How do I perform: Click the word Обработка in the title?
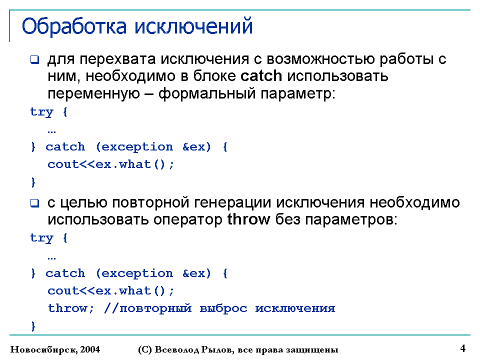point(74,26)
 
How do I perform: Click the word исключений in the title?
point(194,26)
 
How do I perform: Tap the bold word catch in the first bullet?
point(261,75)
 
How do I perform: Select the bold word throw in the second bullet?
point(249,219)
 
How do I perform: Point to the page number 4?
point(463,348)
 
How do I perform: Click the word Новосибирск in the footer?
point(44,349)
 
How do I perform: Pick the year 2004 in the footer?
point(90,349)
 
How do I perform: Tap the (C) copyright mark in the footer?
point(145,349)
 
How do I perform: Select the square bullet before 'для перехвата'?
point(35,59)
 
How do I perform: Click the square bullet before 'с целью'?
point(35,203)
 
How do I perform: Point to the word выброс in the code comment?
point(223,308)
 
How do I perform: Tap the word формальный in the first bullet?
point(207,93)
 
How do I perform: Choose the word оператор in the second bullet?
point(188,220)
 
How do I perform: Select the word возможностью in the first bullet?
point(321,59)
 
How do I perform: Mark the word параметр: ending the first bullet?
point(298,93)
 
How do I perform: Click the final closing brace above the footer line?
point(33,326)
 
